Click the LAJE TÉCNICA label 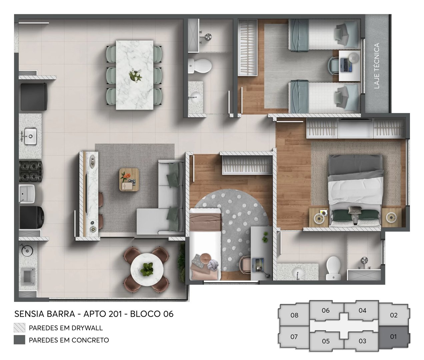(377, 66)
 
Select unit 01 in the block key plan (393, 337)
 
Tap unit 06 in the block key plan (326, 310)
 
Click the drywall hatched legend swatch (19, 328)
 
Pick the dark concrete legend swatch (19, 340)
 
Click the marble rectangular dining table (135, 75)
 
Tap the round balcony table (147, 269)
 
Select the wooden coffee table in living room (129, 179)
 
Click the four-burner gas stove (31, 171)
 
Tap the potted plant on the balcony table (147, 269)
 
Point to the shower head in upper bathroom (208, 36)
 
